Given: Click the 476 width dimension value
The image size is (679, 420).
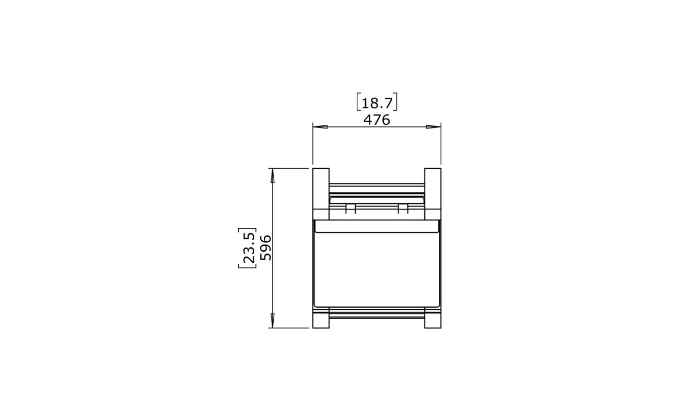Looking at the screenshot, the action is click(377, 120).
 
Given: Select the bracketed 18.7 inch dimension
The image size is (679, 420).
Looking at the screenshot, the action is click(377, 102).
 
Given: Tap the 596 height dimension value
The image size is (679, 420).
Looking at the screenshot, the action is click(266, 248).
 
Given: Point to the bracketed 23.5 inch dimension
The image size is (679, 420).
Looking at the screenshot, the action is click(248, 248).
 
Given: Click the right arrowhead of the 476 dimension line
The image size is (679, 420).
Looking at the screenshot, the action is click(434, 127).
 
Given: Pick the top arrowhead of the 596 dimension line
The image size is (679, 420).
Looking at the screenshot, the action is click(273, 176).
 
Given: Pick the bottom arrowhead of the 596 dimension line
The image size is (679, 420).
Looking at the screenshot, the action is click(273, 321).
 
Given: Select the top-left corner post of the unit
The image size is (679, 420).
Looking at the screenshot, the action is click(321, 193).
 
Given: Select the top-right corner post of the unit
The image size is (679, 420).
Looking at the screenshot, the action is click(433, 193).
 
